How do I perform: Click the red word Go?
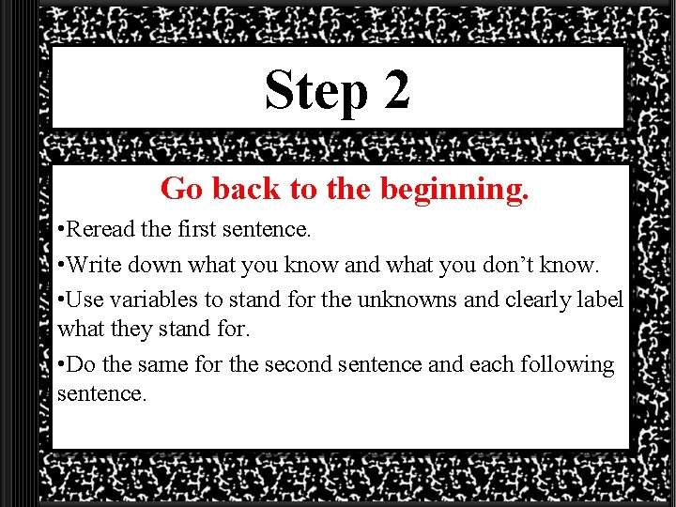(x=182, y=189)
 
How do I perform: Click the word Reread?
(x=102, y=229)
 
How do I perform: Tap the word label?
(x=602, y=300)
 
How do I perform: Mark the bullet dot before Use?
(x=60, y=300)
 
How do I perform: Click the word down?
(x=170, y=265)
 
